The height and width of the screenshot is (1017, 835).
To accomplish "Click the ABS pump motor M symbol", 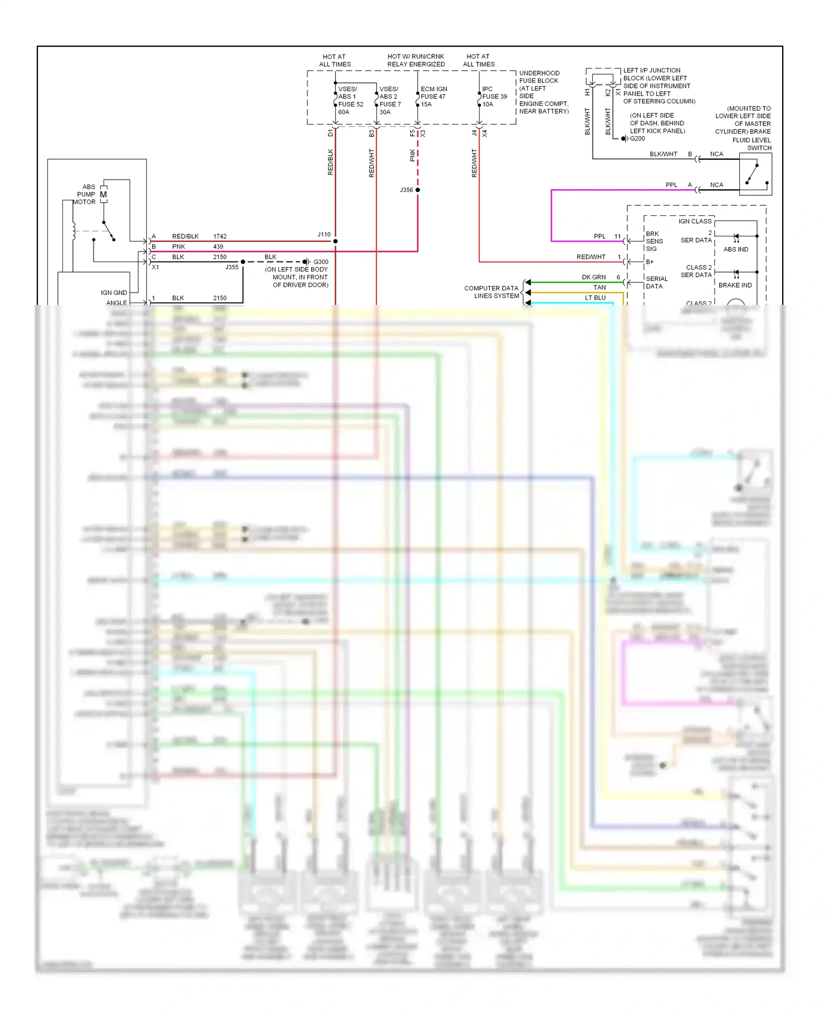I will point(104,194).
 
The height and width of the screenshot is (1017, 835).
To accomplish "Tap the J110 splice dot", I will point(335,241).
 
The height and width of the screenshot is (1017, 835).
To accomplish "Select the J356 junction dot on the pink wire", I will point(417,190).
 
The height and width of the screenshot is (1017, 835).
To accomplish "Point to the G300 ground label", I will point(321,262).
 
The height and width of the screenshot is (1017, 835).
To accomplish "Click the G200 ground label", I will point(637,139).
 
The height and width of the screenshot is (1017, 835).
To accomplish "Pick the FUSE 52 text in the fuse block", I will point(351,104).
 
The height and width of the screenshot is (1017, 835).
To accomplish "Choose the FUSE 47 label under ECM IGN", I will point(433,96).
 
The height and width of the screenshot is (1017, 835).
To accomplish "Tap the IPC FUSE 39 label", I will point(494,96).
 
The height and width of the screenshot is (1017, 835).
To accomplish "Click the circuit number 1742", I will point(220,236).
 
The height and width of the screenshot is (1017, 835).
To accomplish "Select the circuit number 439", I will point(218,246).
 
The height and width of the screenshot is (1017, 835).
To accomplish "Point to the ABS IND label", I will point(736,249).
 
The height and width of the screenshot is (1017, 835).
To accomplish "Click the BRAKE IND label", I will point(735,285).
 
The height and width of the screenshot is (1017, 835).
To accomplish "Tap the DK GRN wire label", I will point(593,277).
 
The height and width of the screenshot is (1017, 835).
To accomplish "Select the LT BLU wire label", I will point(595,298).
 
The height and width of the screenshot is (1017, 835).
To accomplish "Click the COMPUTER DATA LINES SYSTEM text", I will point(492,292).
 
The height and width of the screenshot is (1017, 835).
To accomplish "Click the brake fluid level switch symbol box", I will point(755,174).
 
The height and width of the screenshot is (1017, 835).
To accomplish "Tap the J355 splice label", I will point(232,268).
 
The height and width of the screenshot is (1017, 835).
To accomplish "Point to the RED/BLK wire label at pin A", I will point(185,236).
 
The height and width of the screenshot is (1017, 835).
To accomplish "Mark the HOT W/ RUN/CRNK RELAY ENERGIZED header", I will point(416,60).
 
